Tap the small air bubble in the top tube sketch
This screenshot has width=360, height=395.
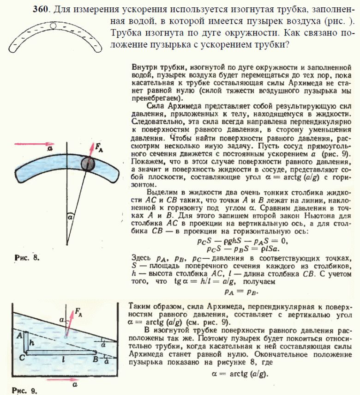coord(53,27)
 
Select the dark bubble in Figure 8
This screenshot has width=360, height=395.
coord(88,164)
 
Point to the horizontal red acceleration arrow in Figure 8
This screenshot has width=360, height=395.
coord(33,144)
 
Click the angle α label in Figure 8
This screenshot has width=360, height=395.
coord(70,215)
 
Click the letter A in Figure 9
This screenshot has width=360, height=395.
coord(20,336)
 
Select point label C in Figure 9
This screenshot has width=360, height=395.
coord(21,357)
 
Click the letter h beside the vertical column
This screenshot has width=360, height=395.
coord(32,343)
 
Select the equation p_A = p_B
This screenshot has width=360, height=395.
coord(241,291)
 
